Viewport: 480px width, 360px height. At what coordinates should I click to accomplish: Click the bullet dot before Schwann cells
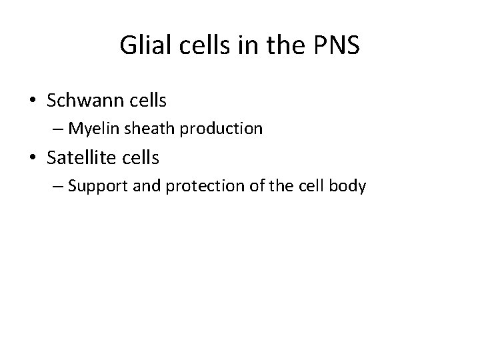point(33,101)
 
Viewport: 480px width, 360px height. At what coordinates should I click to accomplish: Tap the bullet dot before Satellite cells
point(33,157)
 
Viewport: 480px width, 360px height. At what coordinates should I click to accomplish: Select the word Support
point(95,185)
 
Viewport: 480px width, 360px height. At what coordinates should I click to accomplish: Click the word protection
point(187,185)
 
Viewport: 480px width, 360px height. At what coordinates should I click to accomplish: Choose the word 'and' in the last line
point(138,185)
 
